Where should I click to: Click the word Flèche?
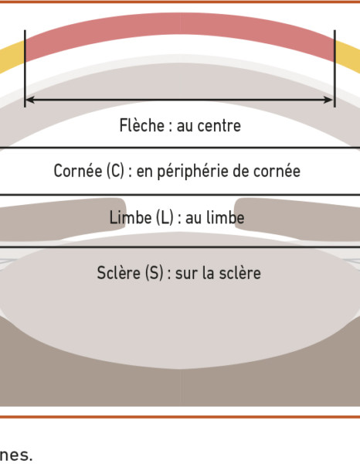click(142, 125)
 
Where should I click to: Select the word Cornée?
click(78, 171)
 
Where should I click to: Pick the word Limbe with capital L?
click(131, 217)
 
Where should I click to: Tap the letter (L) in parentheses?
click(165, 218)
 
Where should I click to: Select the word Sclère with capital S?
click(119, 272)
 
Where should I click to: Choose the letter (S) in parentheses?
click(154, 273)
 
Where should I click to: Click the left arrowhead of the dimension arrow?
click(30, 100)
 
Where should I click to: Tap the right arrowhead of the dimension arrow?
click(328, 100)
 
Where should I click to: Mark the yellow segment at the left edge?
click(12, 57)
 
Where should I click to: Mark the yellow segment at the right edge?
click(348, 57)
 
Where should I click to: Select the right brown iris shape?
click(298, 219)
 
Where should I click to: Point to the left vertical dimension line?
click(25, 68)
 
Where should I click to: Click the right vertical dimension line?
click(335, 68)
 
